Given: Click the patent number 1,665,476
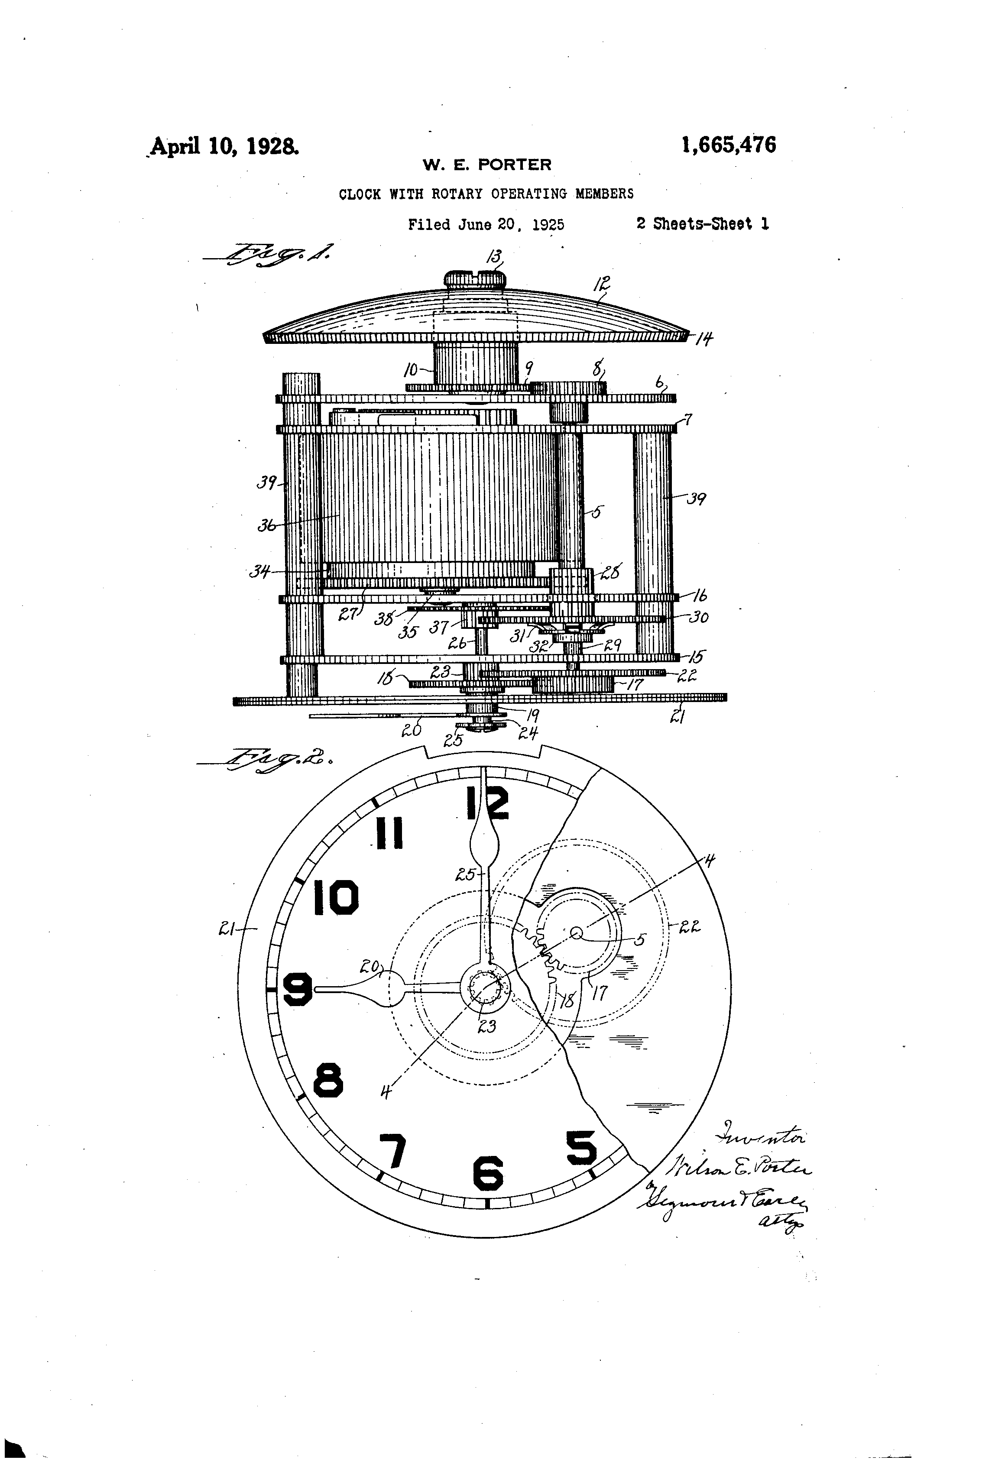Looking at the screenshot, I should pyautogui.click(x=728, y=146).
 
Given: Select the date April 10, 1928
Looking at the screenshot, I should pyautogui.click(x=224, y=147).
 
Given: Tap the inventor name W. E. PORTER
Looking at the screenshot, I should pyautogui.click(x=487, y=165).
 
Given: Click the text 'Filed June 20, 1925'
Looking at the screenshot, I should pyautogui.click(x=486, y=224).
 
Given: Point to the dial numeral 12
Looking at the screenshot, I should pyautogui.click(x=488, y=803).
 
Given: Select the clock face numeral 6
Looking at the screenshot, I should pyautogui.click(x=488, y=1172).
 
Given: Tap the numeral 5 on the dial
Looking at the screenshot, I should pyautogui.click(x=581, y=1148).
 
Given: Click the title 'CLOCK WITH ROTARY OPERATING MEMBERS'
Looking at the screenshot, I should pyautogui.click(x=486, y=194).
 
